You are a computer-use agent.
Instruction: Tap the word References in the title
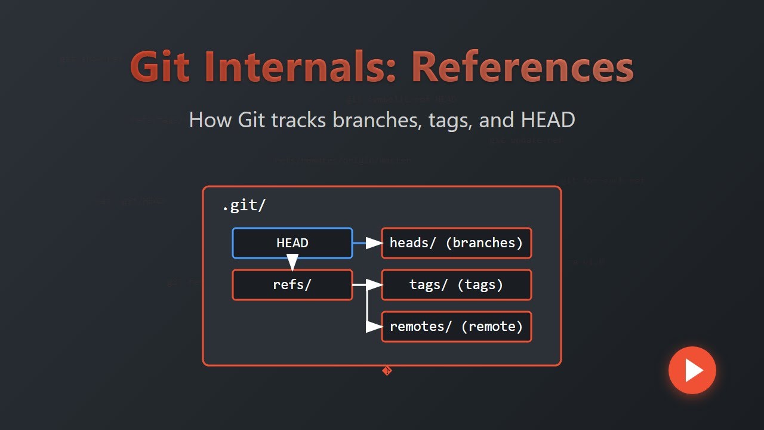(522, 67)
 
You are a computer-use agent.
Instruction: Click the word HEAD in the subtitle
(547, 120)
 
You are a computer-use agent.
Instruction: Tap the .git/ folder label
(244, 206)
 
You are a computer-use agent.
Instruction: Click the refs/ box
(292, 285)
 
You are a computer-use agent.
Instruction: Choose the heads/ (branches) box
(456, 243)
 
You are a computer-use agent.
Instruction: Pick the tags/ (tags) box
(456, 285)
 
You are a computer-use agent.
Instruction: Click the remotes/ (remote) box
(456, 327)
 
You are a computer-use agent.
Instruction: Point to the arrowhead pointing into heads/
(374, 243)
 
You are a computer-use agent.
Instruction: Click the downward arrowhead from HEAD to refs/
(292, 262)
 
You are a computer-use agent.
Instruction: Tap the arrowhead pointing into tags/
(374, 285)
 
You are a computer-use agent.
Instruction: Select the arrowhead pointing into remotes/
(374, 327)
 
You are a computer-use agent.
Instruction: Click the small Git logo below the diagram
(387, 371)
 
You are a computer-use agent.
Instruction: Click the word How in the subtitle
(210, 120)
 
